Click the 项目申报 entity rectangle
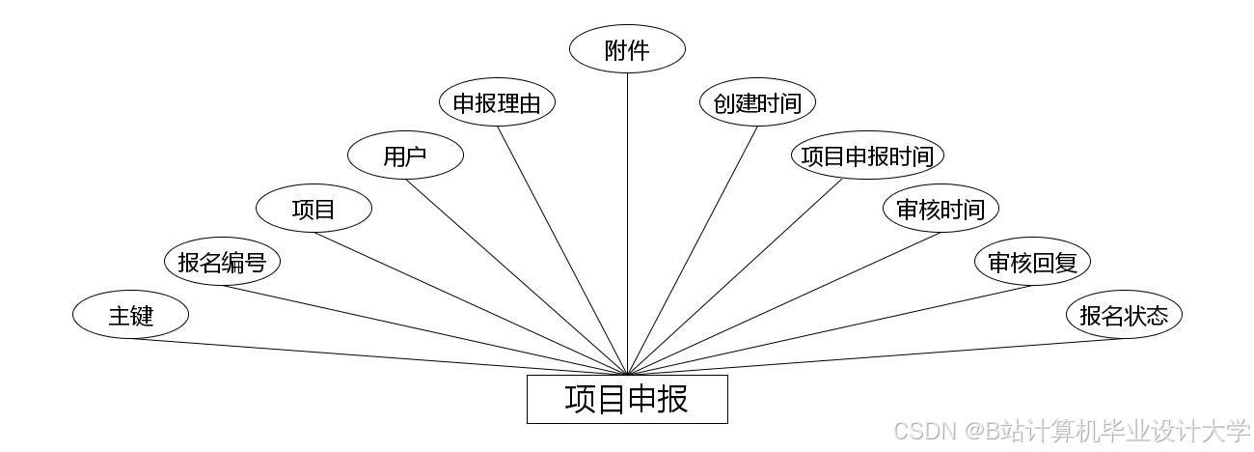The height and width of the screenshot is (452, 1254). (x=627, y=399)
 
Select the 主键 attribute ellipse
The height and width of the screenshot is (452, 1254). (x=130, y=315)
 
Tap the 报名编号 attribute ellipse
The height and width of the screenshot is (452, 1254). (x=222, y=262)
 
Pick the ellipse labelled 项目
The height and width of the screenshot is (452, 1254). (x=313, y=209)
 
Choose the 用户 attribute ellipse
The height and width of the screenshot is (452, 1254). (x=405, y=155)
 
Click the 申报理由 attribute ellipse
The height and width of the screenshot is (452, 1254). (x=497, y=103)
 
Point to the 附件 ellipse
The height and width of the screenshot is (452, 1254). (x=627, y=50)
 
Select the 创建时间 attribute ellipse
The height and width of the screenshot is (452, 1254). (x=757, y=103)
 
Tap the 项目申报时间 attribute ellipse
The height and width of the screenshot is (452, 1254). (x=867, y=155)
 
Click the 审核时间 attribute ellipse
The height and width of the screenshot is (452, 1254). (x=940, y=209)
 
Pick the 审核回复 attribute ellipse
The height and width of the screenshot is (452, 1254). (x=1032, y=262)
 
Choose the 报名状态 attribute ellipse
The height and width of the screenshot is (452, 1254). (x=1124, y=315)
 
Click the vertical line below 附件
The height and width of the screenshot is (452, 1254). (x=627, y=222)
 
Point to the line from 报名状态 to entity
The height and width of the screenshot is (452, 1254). (x=868, y=356)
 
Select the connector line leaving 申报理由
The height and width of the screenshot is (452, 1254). (x=562, y=249)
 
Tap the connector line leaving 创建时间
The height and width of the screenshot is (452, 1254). (x=693, y=249)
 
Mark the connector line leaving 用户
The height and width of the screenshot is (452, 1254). (x=516, y=277)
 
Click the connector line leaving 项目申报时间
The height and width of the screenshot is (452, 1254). (x=736, y=277)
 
